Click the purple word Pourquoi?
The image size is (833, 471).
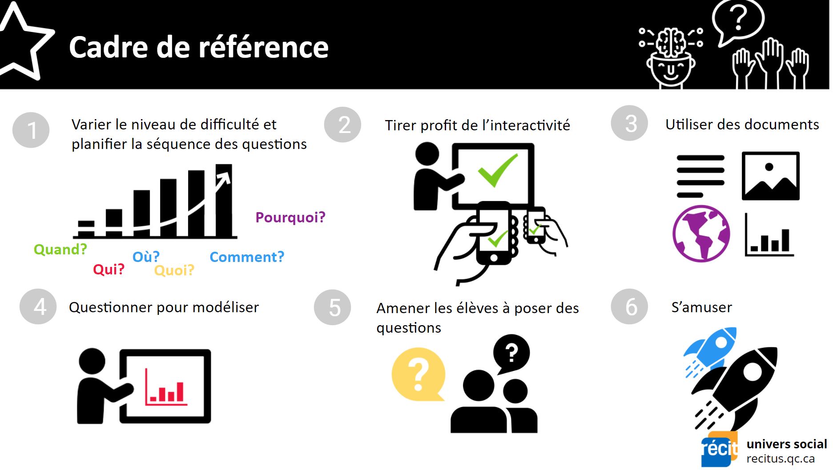[x=290, y=217]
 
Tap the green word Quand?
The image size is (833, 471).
[x=60, y=250]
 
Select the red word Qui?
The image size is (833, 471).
[x=109, y=269]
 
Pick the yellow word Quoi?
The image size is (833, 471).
[x=174, y=270]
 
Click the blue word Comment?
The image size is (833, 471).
[x=247, y=257]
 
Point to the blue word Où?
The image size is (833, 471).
[x=146, y=257]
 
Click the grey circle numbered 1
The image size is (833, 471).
[x=31, y=130]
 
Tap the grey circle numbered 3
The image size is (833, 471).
[x=629, y=123]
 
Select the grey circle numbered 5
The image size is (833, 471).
[x=333, y=307]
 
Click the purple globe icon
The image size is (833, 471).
[x=701, y=233]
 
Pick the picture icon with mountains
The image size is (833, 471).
[x=771, y=176]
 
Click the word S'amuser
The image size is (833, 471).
[x=701, y=307]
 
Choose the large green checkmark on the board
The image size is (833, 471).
[x=498, y=170]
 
